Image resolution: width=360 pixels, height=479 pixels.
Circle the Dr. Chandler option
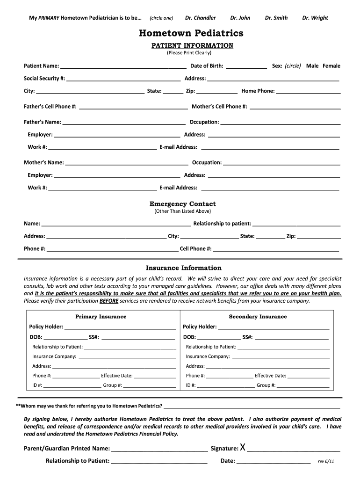pyautogui.click(x=200, y=18)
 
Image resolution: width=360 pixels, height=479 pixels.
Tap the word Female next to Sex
pyautogui.click(x=331, y=66)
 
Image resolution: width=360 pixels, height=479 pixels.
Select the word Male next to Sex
pyautogui.click(x=312, y=66)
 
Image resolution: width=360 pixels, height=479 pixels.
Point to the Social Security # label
pyautogui.click(x=44, y=79)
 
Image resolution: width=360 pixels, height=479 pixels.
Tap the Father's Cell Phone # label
pyautogui.click(x=50, y=107)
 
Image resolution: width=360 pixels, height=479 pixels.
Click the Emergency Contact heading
pyautogui.click(x=182, y=204)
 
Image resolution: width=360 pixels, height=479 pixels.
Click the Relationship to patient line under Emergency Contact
pyautogui.click(x=296, y=225)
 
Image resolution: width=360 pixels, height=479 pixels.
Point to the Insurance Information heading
pyautogui.click(x=183, y=268)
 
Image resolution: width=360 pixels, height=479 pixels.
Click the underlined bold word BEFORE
pyautogui.click(x=109, y=301)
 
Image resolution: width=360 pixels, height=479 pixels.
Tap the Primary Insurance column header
pyautogui.click(x=101, y=317)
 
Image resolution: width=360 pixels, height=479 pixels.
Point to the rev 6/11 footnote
pyautogui.click(x=326, y=461)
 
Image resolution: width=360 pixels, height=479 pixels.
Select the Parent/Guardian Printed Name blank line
pyautogui.click(x=160, y=450)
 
